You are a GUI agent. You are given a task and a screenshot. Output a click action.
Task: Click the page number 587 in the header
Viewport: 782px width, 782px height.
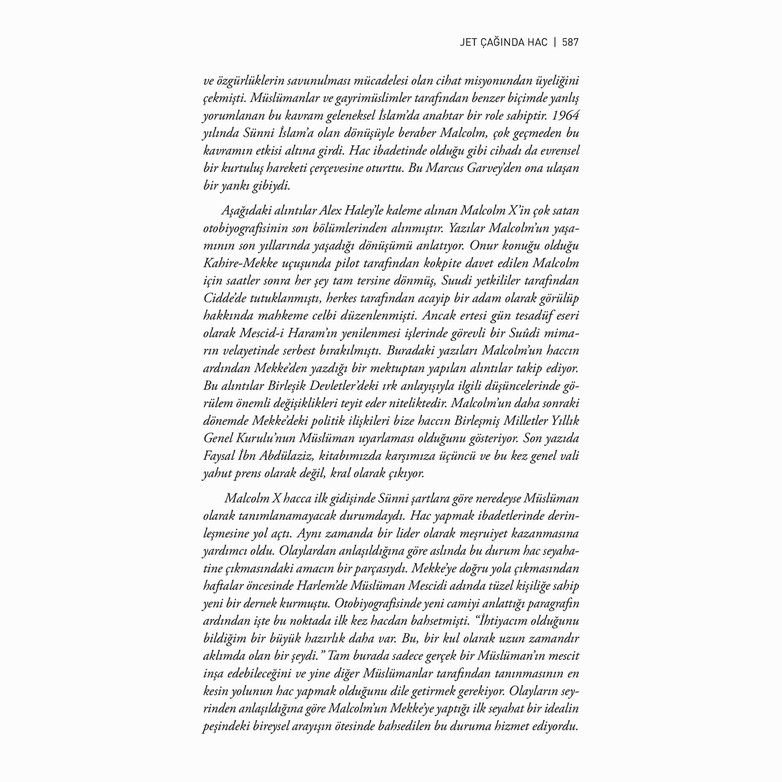point(570,43)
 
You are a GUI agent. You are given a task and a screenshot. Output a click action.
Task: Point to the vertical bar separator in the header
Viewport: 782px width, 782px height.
point(555,43)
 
